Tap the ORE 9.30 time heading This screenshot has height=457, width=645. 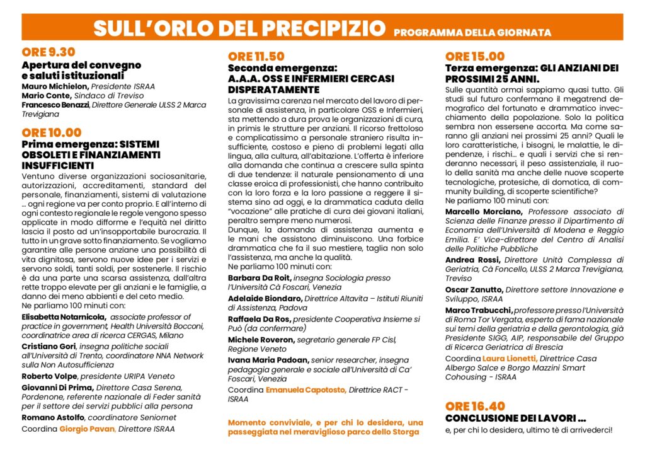point(48,52)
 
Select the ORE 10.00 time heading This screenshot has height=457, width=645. point(51,132)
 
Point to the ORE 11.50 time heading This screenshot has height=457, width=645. point(256,56)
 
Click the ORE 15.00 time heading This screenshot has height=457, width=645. point(474,57)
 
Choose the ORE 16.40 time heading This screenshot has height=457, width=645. point(474,407)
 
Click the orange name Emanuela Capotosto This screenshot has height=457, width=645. point(305,390)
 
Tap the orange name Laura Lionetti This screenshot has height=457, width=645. point(510,358)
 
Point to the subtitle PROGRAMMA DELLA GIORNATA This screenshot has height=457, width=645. point(472,32)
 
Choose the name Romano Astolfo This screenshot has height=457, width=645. point(53,417)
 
